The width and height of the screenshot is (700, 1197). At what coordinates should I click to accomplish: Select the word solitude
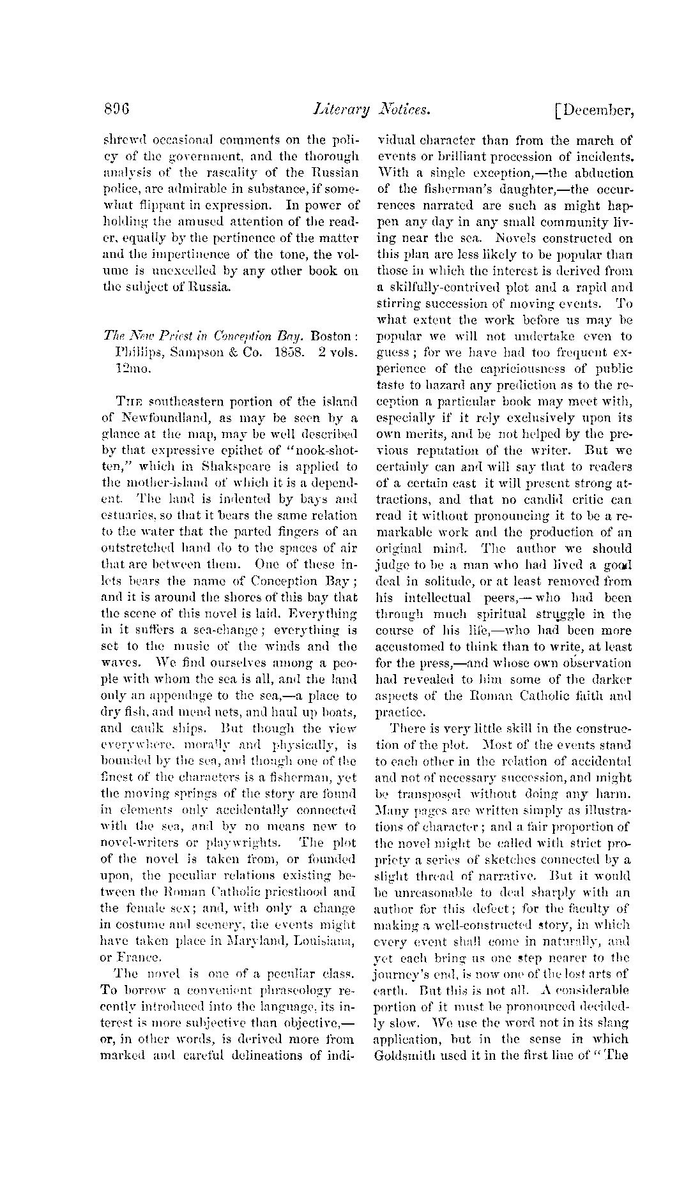point(460,581)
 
